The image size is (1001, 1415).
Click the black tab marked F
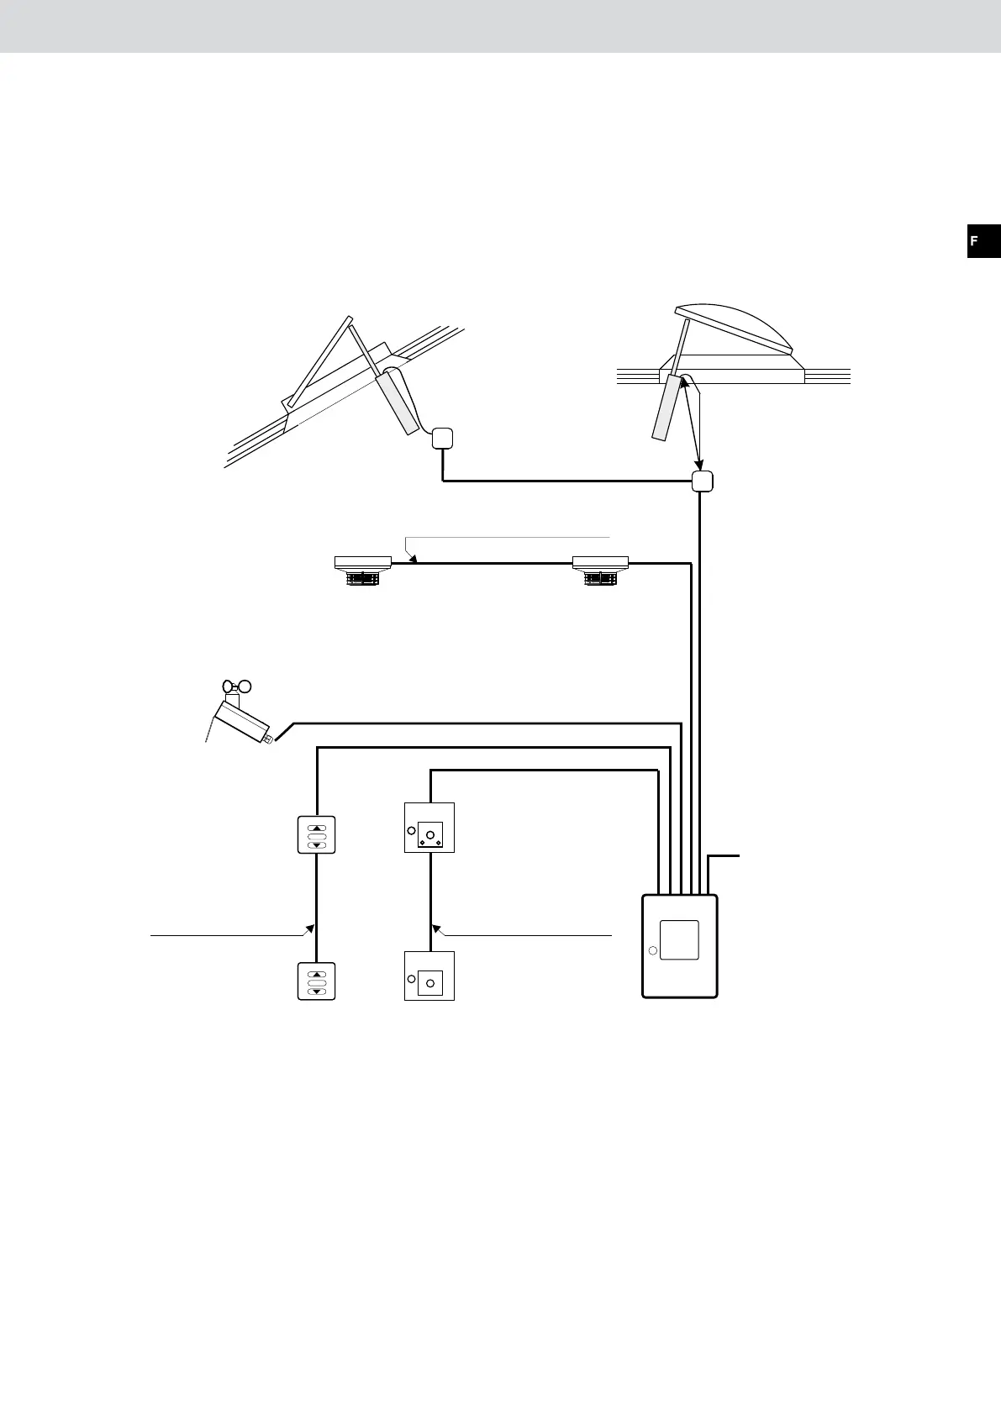(x=983, y=241)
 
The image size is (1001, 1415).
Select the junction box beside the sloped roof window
(x=442, y=438)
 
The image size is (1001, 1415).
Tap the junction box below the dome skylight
(x=702, y=481)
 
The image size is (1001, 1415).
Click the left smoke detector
(x=363, y=569)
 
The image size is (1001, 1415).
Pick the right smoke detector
(x=600, y=569)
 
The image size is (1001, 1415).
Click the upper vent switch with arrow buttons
(x=317, y=835)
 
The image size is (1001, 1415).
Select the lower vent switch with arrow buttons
(x=317, y=981)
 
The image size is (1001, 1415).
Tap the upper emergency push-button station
(x=429, y=828)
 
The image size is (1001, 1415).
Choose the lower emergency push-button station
(x=429, y=976)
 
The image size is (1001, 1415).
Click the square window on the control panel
(x=679, y=940)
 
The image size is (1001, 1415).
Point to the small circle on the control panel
(x=651, y=951)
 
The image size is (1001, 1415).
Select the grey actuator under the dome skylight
(x=667, y=408)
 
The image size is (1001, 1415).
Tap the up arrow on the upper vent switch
(x=317, y=827)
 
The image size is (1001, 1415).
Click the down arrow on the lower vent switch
(x=317, y=992)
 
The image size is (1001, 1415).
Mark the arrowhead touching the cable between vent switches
(x=310, y=929)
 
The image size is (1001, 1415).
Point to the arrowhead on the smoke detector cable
(x=412, y=557)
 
